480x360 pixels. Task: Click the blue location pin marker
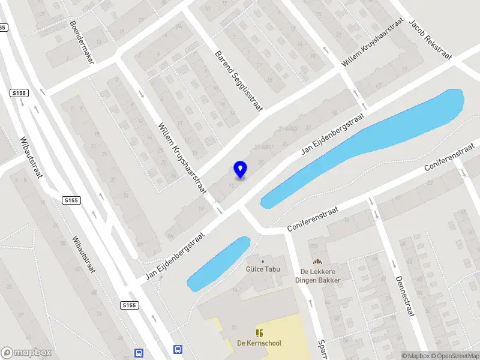pyautogui.click(x=240, y=170)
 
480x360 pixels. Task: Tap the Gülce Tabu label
pyautogui.click(x=262, y=269)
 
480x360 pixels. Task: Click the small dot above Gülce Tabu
pyautogui.click(x=262, y=261)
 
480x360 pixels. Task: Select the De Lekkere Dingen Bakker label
pyautogui.click(x=317, y=275)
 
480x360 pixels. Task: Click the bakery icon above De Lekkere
pyautogui.click(x=317, y=262)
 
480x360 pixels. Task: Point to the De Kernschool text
pyautogui.click(x=259, y=343)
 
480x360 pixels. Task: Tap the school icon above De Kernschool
pyautogui.click(x=259, y=332)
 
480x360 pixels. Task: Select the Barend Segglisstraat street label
pyautogui.click(x=239, y=80)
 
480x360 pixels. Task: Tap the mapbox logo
pyautogui.click(x=26, y=353)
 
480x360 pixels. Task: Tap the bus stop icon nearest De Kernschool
pyautogui.click(x=178, y=349)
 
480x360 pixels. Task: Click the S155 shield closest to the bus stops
pyautogui.click(x=129, y=305)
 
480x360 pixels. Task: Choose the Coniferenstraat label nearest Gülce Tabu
pyautogui.click(x=313, y=220)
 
